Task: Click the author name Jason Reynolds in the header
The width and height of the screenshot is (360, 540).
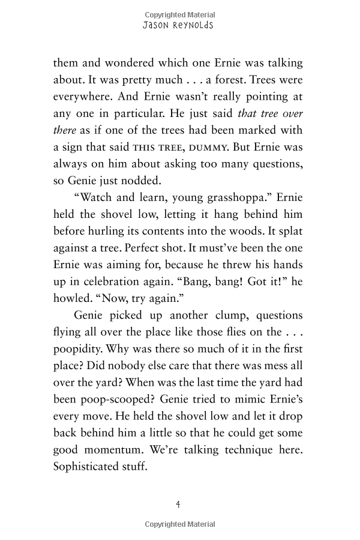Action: tap(179, 26)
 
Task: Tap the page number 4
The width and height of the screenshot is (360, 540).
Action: tap(178, 504)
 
